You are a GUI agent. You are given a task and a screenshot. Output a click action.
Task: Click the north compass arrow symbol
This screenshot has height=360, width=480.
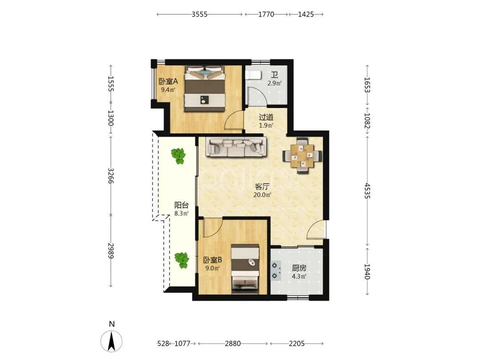pos(112,340)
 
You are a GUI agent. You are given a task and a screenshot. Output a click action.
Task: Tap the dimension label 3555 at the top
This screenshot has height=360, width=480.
pos(200,14)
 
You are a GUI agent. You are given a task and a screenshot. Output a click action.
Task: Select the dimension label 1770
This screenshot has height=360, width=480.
pos(266,14)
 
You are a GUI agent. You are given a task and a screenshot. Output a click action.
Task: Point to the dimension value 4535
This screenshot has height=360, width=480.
pos(368,191)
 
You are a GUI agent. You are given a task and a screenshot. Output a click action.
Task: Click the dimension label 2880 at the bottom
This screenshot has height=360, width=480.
pos(232,344)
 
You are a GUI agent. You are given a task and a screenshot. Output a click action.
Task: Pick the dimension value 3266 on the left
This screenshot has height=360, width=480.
pos(111,176)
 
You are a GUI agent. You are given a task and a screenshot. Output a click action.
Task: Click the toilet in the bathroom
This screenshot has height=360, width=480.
pos(253,75)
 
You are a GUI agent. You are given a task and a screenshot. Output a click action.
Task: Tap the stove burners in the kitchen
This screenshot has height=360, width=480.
pos(276,271)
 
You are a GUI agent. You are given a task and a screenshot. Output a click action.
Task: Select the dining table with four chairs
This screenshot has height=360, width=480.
pos(302,156)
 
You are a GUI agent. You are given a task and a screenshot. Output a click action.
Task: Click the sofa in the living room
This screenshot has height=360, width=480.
pos(236,147)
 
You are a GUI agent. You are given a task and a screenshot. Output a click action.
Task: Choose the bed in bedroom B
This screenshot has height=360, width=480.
pos(245,269)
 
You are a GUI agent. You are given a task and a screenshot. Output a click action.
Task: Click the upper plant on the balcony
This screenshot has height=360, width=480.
pos(178,156)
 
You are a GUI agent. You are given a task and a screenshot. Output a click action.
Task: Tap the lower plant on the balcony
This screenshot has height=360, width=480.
pos(182,260)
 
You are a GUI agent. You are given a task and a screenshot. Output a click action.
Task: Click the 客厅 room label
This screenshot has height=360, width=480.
pos(262,187)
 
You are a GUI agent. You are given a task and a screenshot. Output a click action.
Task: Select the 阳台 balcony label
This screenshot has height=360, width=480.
pos(181,205)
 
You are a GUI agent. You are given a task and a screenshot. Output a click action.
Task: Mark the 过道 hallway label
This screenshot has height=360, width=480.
pos(266,117)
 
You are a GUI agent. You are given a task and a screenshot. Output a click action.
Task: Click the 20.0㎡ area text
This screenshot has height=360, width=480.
pos(262,195)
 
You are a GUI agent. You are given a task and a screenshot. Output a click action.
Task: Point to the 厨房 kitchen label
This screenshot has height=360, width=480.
pos(299,268)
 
